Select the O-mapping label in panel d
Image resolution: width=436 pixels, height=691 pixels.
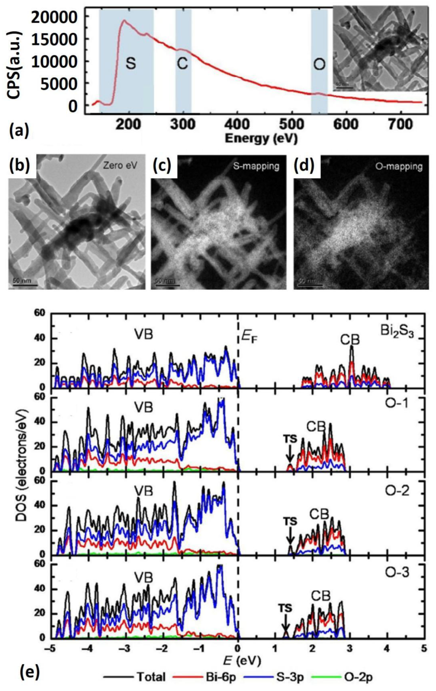[x=398, y=166]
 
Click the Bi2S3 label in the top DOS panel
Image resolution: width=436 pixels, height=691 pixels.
[x=397, y=331]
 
